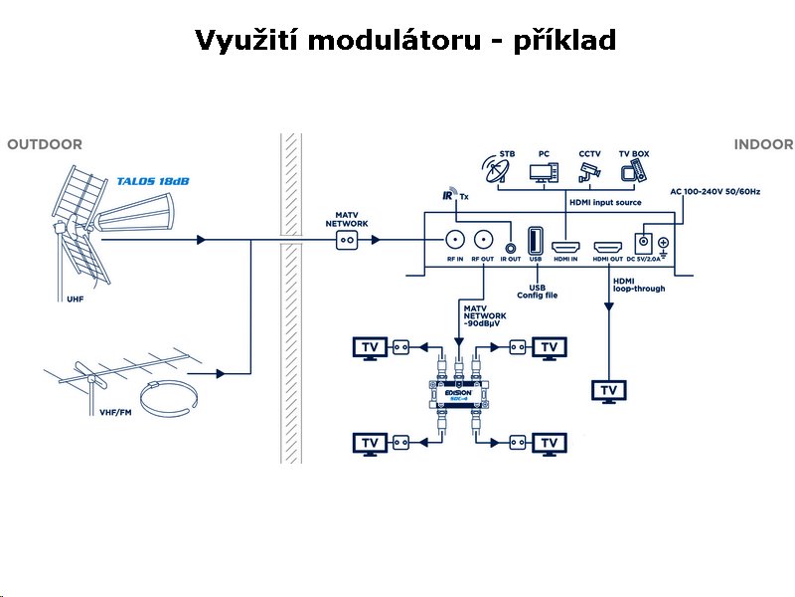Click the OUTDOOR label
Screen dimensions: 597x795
click(x=45, y=145)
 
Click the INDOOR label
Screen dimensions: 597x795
click(x=763, y=145)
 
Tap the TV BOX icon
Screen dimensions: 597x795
click(x=633, y=172)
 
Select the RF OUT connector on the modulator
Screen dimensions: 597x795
click(x=484, y=240)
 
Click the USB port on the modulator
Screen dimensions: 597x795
click(x=536, y=241)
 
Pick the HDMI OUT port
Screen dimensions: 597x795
click(x=607, y=245)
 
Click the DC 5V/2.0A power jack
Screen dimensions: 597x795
click(x=645, y=243)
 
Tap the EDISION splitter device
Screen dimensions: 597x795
click(x=458, y=396)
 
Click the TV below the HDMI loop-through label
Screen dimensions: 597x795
click(x=608, y=389)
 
